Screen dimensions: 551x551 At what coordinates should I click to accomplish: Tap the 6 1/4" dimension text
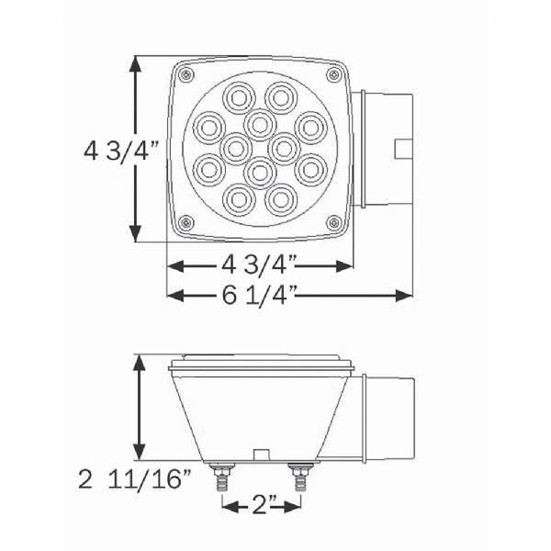[258, 295]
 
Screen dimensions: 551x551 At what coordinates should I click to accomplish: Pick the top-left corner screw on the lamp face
[186, 73]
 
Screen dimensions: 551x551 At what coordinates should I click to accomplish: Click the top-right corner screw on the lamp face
[332, 73]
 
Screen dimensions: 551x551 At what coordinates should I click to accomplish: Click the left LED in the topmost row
[240, 95]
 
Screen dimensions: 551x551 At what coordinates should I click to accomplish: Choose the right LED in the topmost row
[280, 95]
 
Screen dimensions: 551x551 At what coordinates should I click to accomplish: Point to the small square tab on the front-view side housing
[401, 147]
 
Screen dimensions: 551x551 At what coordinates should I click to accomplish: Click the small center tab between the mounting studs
[260, 455]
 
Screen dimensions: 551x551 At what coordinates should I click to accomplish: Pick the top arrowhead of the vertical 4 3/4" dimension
[137, 64]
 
